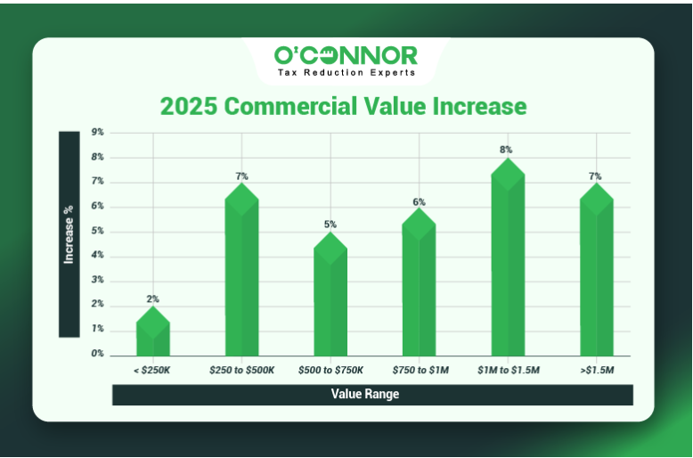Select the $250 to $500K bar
pos(241,269)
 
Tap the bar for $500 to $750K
pos(330,293)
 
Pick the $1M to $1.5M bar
pos(508,257)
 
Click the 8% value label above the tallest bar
pos(506,150)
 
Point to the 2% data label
pos(153,299)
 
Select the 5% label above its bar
pos(330,225)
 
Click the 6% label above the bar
pos(419,202)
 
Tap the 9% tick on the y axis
pos(98,132)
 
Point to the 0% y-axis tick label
pos(98,354)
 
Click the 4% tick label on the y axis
pos(98,255)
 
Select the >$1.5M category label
pos(597,370)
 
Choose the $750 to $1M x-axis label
pos(420,370)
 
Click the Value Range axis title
pos(365,394)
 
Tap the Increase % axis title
pos(69,234)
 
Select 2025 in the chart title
pos(189,106)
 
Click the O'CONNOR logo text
pos(346,56)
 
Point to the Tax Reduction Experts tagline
pos(346,72)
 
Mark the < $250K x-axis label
pos(151,370)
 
